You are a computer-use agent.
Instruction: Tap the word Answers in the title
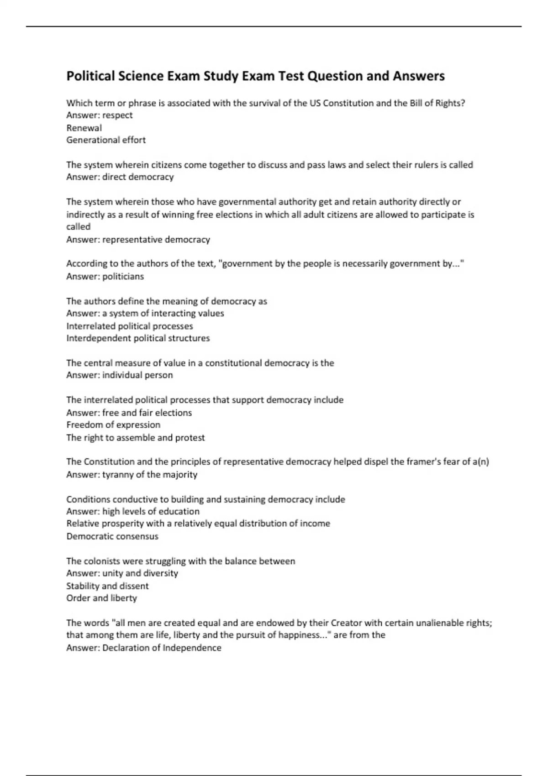418,76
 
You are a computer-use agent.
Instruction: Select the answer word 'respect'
117,115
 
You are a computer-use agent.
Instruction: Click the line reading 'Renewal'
84,128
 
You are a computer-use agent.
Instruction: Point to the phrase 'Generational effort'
106,140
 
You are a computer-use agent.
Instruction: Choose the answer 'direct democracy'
138,177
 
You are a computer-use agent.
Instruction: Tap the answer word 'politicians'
123,276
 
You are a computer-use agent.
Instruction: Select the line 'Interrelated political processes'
130,326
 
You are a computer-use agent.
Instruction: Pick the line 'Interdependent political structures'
138,338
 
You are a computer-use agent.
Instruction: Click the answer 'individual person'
137,375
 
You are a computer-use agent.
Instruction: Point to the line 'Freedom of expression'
113,425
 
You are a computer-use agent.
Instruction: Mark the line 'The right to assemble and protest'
136,437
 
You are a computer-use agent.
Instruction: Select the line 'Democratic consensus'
112,536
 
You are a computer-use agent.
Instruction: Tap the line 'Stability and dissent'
107,586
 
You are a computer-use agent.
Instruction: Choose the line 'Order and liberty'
101,598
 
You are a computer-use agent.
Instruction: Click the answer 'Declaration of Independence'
162,648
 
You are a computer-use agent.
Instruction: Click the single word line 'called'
79,226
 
